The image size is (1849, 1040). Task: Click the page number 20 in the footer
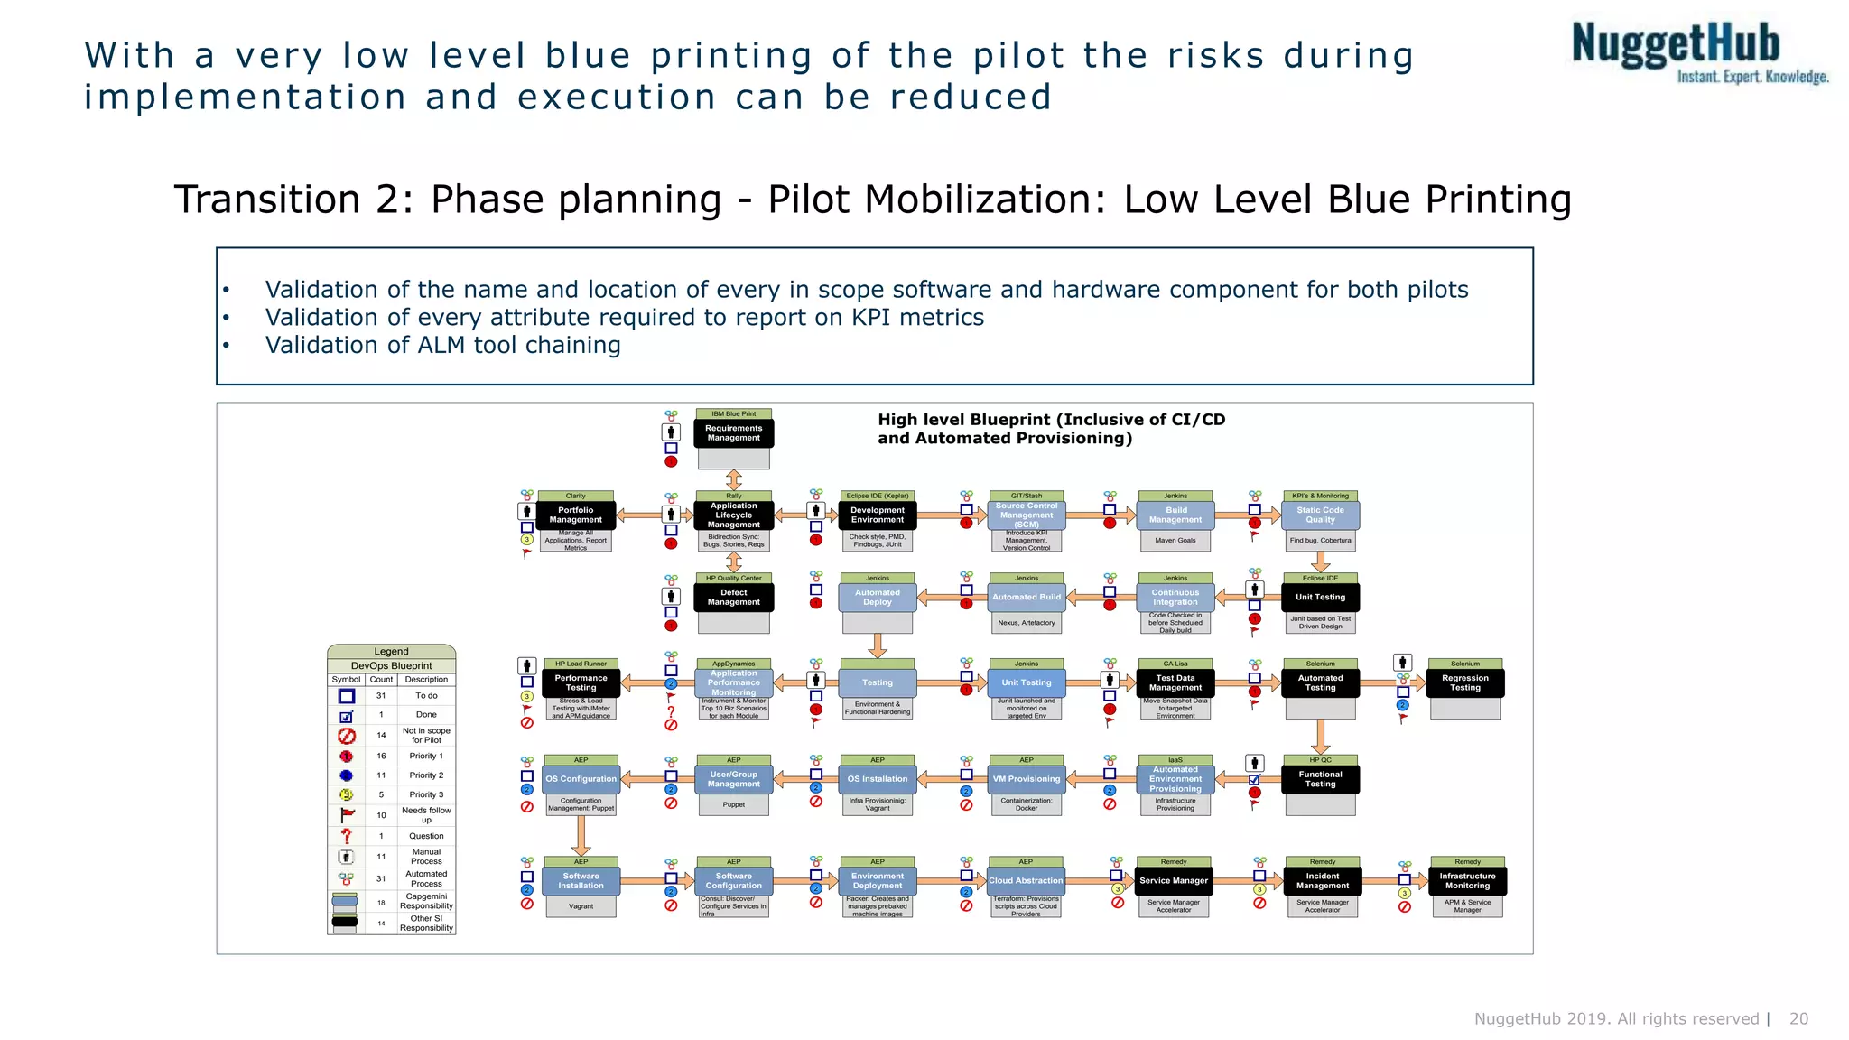(x=1798, y=1018)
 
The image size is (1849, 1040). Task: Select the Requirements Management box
(x=733, y=433)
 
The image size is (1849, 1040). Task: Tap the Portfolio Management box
(x=575, y=515)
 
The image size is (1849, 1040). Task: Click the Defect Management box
(x=733, y=598)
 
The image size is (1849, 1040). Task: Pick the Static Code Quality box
(x=1320, y=515)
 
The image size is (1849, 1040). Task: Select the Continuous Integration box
(x=1175, y=598)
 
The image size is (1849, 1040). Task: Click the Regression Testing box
(x=1464, y=683)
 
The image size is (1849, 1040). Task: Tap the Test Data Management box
(x=1175, y=683)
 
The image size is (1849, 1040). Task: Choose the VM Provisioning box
(x=1027, y=779)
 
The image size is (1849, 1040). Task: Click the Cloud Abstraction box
(x=1026, y=881)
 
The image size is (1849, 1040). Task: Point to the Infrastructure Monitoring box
(x=1467, y=881)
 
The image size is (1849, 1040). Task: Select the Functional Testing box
(x=1320, y=779)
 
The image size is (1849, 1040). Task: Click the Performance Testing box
(x=581, y=683)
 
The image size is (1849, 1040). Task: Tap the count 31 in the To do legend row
(x=381, y=696)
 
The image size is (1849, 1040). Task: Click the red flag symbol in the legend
(x=347, y=815)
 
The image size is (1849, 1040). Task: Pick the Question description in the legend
(x=426, y=836)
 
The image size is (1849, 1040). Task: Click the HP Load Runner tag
(x=581, y=664)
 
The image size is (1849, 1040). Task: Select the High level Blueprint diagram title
(x=1051, y=429)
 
